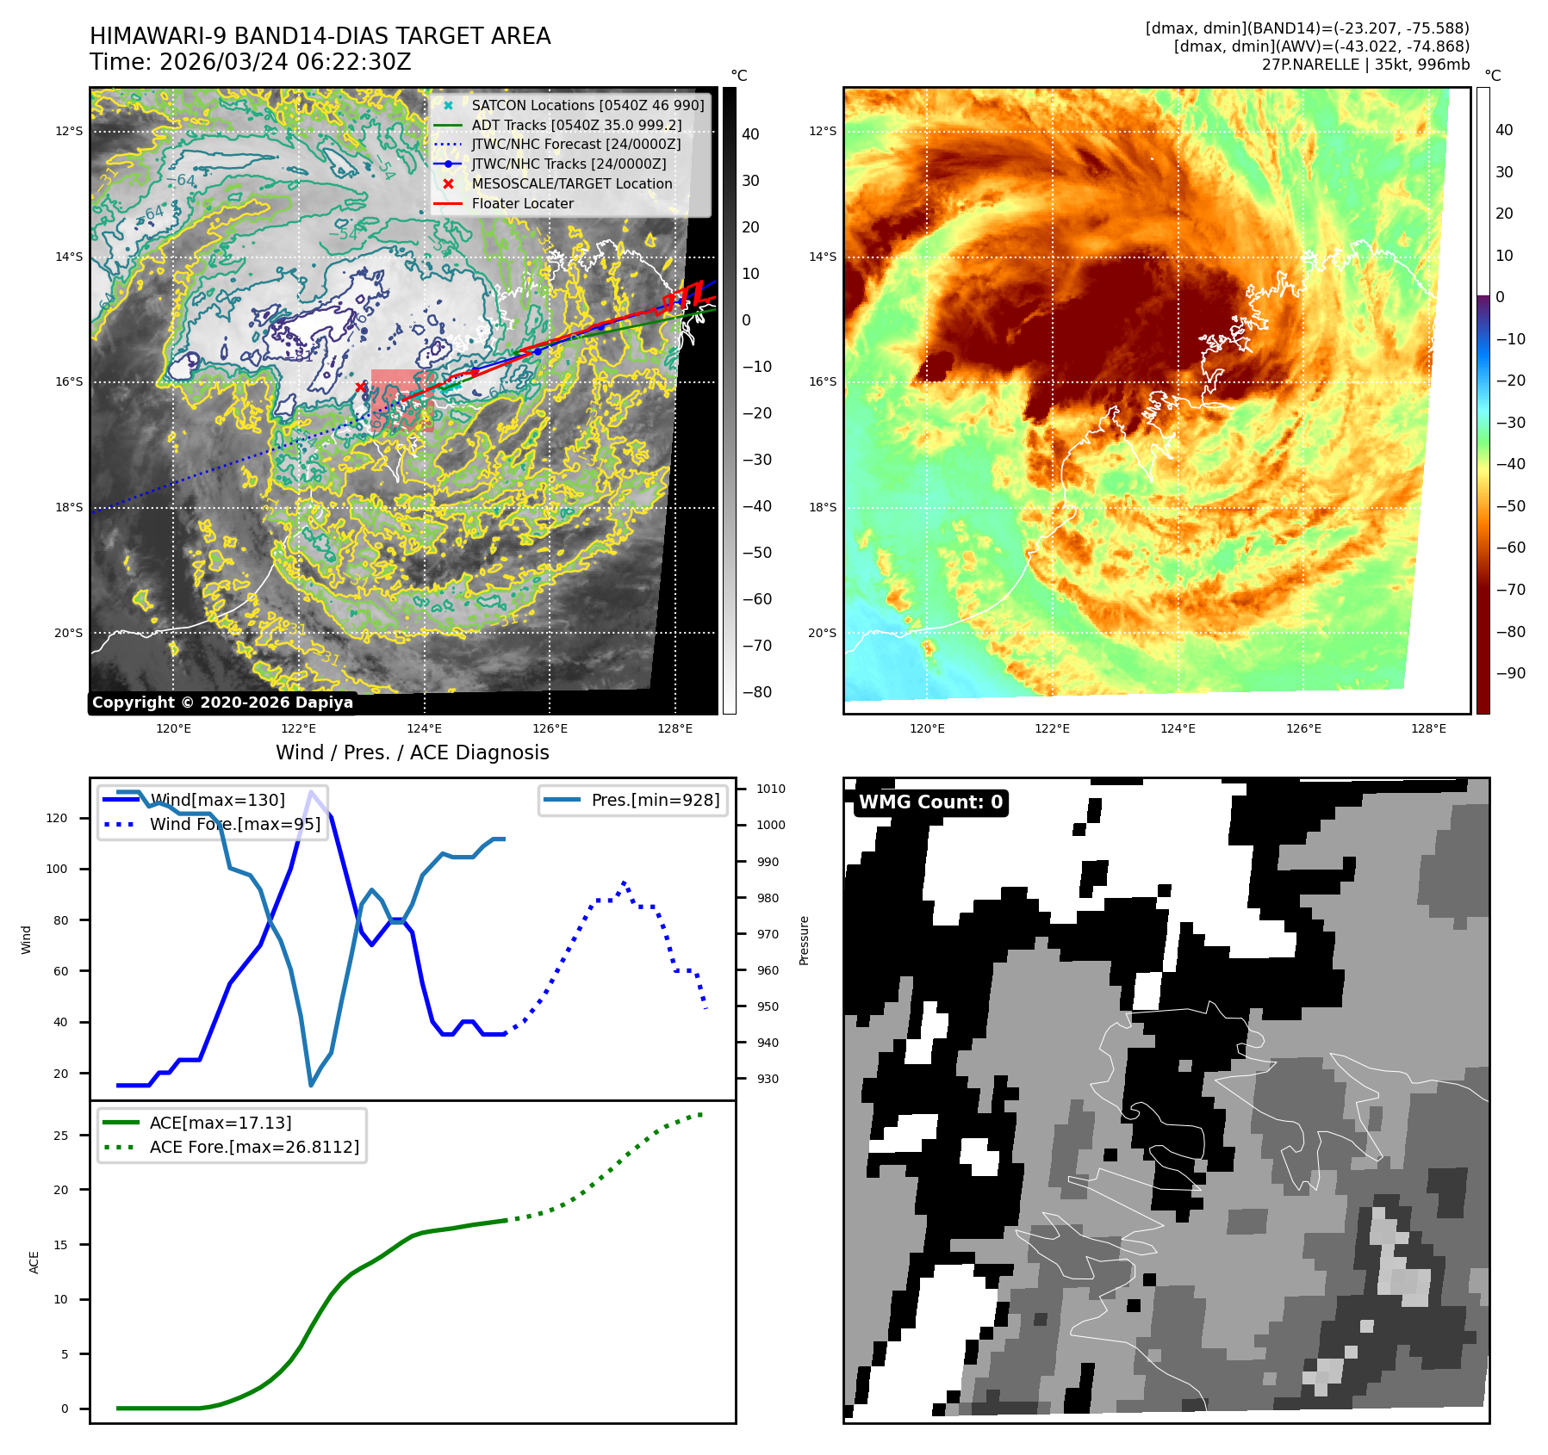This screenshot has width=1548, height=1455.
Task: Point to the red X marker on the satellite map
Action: click(x=360, y=387)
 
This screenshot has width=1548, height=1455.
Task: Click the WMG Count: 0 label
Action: click(x=930, y=802)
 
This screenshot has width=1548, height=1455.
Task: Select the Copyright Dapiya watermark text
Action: click(x=222, y=703)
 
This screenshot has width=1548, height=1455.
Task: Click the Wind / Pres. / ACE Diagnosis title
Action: click(x=412, y=752)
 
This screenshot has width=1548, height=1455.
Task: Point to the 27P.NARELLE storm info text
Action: click(x=1365, y=65)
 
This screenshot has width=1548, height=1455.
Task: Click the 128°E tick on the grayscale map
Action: click(x=675, y=728)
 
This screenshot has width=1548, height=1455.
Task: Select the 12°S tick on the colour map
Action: click(x=822, y=131)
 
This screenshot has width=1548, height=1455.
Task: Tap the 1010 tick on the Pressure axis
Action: click(x=771, y=789)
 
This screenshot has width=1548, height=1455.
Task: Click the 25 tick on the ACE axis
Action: click(x=60, y=1136)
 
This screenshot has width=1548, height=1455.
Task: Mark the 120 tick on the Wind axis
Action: click(x=56, y=818)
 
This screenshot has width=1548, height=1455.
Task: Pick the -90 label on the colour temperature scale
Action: click(x=1510, y=673)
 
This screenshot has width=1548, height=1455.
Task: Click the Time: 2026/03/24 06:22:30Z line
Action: click(x=251, y=63)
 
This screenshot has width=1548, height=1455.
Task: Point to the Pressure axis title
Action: click(x=804, y=940)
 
